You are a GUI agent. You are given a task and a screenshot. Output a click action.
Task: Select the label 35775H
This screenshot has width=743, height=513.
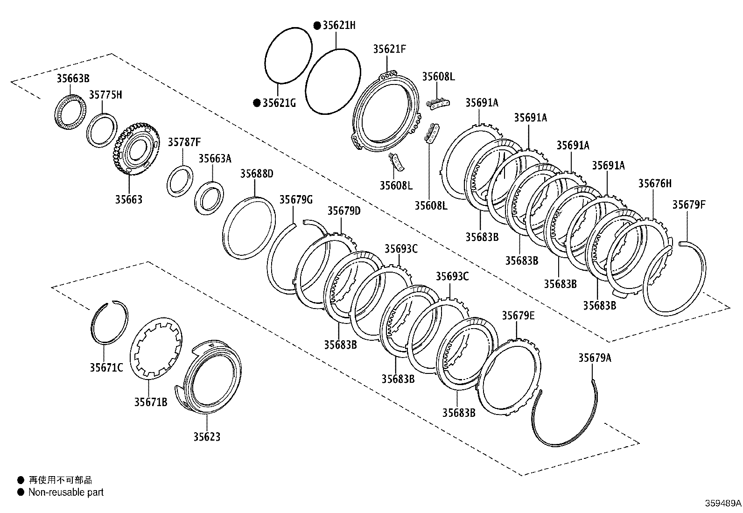105,95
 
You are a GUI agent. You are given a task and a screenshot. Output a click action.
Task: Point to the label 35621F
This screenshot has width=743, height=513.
389,49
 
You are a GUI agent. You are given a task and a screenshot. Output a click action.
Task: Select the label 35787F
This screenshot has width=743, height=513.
184,142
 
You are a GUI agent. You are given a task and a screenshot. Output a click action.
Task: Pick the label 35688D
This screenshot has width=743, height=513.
257,174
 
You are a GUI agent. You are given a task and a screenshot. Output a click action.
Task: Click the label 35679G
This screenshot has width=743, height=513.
295,200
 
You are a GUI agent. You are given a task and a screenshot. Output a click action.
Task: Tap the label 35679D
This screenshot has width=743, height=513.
344,211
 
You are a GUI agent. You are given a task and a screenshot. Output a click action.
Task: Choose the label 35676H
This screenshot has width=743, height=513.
655,183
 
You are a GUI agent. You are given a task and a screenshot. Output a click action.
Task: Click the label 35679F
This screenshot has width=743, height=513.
689,204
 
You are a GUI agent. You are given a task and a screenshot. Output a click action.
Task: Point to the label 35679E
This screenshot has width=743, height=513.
518,316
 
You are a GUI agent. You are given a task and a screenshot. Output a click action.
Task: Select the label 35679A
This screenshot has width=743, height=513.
595,358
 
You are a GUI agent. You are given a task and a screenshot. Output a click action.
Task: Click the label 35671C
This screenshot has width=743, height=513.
106,368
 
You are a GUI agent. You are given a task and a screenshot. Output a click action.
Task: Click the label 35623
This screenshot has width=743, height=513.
207,437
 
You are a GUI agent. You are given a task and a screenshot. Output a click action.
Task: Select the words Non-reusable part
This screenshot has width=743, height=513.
66,492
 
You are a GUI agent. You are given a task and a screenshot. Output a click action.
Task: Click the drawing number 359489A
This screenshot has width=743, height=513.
722,504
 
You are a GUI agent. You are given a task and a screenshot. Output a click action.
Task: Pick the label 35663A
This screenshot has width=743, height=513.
215,159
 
